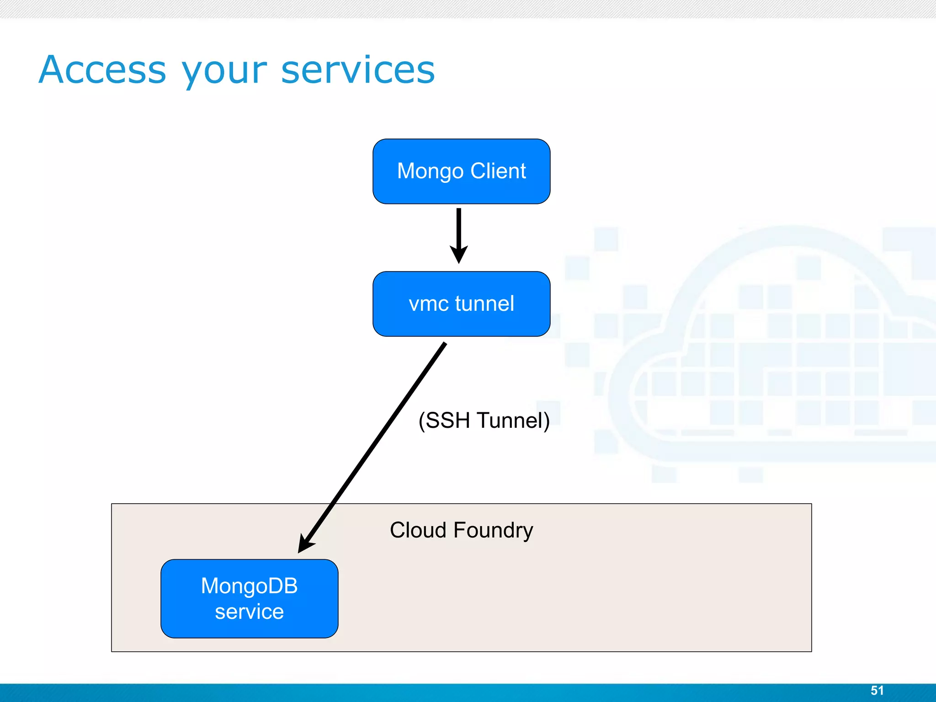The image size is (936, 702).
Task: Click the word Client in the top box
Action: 498,171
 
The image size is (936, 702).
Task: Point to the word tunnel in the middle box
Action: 484,303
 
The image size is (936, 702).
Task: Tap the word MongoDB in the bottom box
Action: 249,586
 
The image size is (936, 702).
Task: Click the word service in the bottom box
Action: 249,612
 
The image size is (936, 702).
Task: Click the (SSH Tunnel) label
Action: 484,420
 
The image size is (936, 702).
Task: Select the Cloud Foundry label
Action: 461,530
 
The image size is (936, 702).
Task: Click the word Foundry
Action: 493,530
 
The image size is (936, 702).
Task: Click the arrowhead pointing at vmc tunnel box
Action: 459,254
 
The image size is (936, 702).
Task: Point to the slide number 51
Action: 877,690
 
